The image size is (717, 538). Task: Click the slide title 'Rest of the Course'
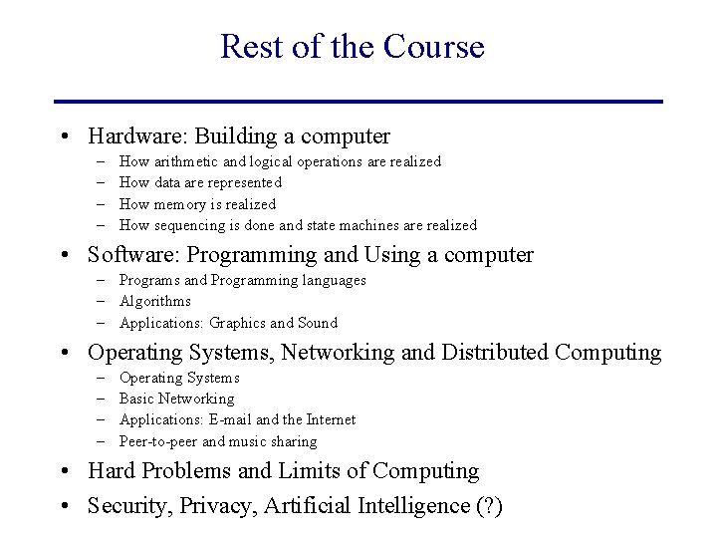[352, 47]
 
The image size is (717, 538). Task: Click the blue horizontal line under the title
[358, 101]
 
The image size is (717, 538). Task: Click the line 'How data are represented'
[200, 182]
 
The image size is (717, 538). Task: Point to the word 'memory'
[180, 204]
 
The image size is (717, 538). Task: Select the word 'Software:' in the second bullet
[130, 256]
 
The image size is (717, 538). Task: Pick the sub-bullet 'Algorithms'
[154, 301]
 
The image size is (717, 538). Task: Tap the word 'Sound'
[318, 323]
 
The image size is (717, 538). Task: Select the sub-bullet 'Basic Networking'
[176, 399]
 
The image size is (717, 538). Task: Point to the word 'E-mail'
[231, 419]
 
